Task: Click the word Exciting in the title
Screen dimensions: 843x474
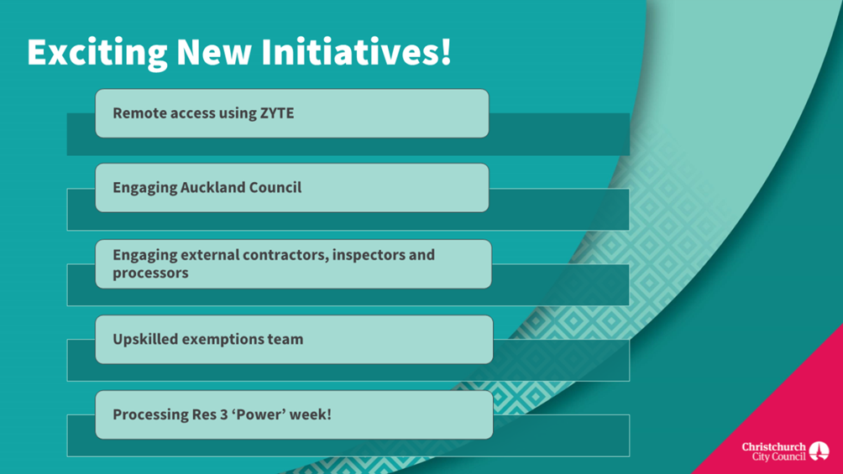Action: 97,53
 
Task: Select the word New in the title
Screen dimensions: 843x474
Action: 214,52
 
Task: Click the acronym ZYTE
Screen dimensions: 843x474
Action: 277,113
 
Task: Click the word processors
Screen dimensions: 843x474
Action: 150,273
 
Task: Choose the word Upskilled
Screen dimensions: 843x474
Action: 145,339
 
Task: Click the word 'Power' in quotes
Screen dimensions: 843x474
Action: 259,414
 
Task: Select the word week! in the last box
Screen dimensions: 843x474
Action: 310,414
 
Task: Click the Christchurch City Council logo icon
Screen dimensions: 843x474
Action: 819,451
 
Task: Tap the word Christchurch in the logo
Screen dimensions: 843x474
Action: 773,446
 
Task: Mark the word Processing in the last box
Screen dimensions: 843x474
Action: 150,414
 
